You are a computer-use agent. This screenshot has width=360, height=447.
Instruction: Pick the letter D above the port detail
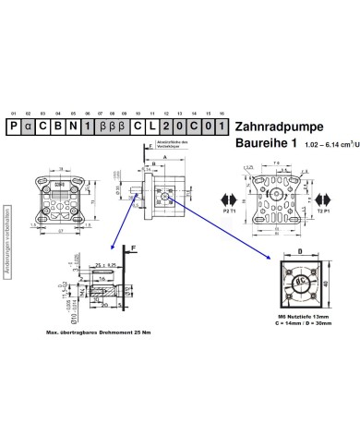coord(300,249)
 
